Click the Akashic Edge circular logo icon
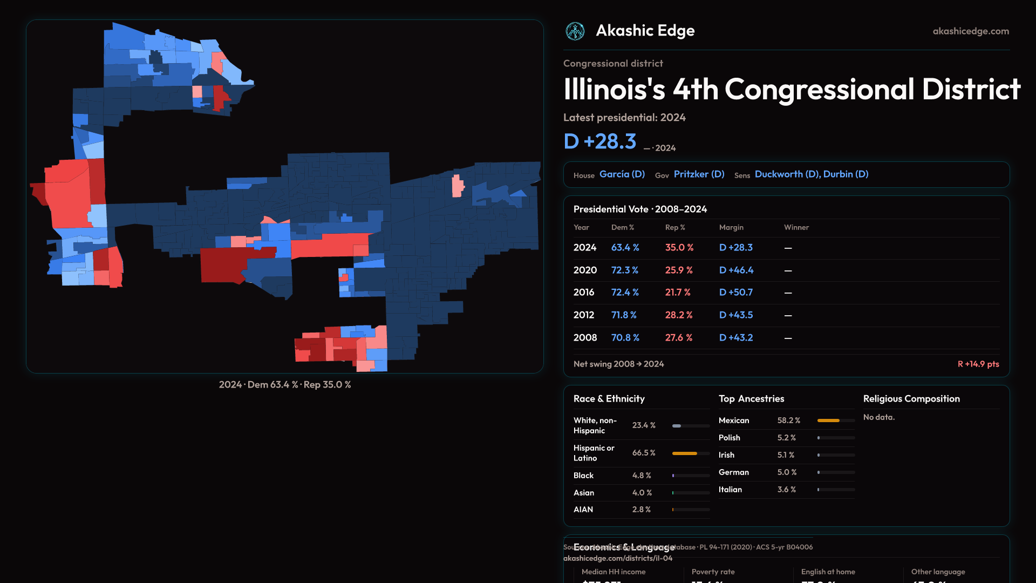pyautogui.click(x=575, y=31)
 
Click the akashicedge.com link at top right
pyautogui.click(x=971, y=31)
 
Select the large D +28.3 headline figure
pyautogui.click(x=600, y=141)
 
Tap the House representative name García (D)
pyautogui.click(x=622, y=174)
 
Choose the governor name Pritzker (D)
pyautogui.click(x=699, y=174)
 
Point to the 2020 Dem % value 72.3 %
pyautogui.click(x=625, y=270)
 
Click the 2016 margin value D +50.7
pyautogui.click(x=736, y=293)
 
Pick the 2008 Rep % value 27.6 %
pyautogui.click(x=679, y=338)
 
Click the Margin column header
pyautogui.click(x=731, y=227)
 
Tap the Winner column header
pyautogui.click(x=796, y=227)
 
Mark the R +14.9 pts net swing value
pyautogui.click(x=978, y=364)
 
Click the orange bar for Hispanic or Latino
pyautogui.click(x=685, y=453)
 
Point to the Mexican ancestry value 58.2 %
pyautogui.click(x=789, y=421)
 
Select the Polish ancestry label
pyautogui.click(x=730, y=438)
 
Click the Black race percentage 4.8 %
pyautogui.click(x=642, y=476)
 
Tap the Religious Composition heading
pyautogui.click(x=911, y=399)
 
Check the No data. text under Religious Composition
pyautogui.click(x=879, y=417)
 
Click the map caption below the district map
pyautogui.click(x=285, y=385)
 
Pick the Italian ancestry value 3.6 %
pyautogui.click(x=787, y=490)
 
